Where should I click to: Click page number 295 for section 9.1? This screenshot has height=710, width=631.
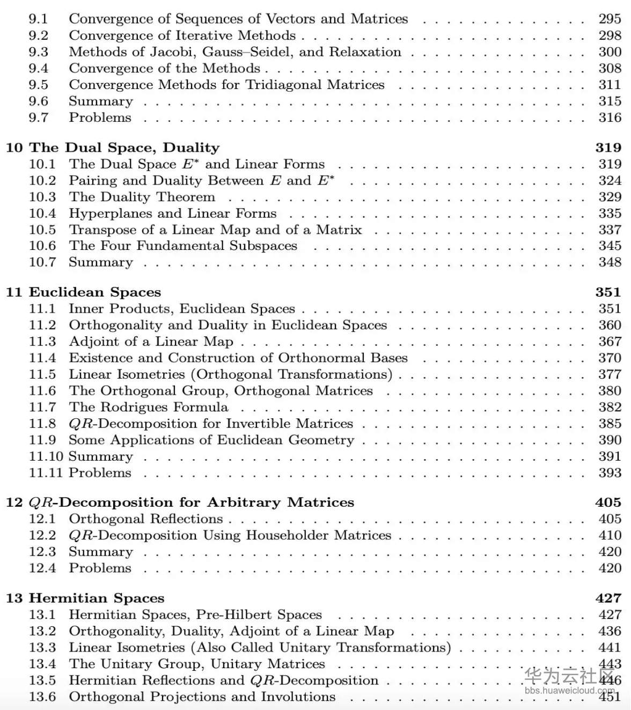click(x=610, y=19)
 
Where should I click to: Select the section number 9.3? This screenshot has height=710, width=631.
click(x=39, y=52)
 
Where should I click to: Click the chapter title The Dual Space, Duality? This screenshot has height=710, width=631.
click(x=124, y=147)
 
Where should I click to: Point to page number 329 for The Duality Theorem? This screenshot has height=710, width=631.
click(x=610, y=197)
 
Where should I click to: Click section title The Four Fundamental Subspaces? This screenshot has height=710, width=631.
click(x=183, y=246)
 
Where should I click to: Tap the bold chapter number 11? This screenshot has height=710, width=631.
click(x=14, y=292)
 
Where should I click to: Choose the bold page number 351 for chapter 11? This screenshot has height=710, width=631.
click(x=608, y=292)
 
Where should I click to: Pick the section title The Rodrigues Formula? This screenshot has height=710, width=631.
click(x=149, y=407)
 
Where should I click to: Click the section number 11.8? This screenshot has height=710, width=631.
click(x=42, y=424)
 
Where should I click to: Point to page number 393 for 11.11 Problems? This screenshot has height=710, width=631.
click(x=610, y=473)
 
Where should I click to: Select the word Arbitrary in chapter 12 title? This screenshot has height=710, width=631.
click(x=244, y=502)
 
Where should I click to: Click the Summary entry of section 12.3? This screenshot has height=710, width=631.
click(x=101, y=552)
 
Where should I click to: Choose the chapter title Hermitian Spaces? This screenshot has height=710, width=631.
click(x=97, y=598)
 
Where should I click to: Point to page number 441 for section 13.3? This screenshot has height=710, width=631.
click(x=610, y=647)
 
